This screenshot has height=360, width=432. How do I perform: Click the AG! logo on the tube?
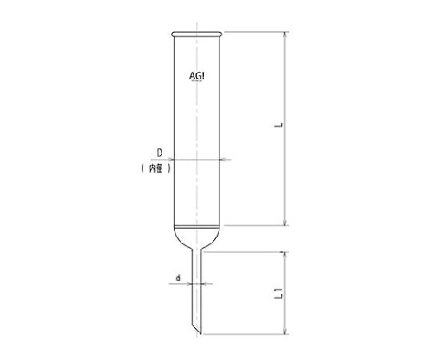point(197,76)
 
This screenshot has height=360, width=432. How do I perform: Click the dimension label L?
point(278,125)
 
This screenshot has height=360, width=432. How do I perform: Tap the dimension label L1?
point(278,294)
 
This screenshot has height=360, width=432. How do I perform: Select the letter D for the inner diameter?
point(160,153)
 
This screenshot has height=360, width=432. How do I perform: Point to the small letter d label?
point(178,278)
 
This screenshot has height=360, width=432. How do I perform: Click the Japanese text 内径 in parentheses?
point(156,168)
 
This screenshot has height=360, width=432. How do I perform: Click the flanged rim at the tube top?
point(197,35)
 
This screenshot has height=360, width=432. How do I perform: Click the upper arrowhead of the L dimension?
point(285,35)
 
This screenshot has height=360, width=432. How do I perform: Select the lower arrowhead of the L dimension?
point(285,222)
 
